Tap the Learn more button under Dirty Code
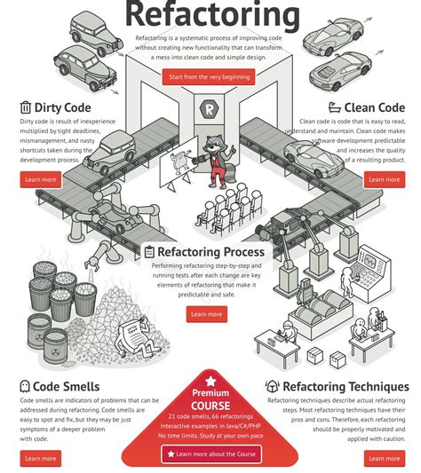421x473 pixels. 40,179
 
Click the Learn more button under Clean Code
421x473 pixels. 384,179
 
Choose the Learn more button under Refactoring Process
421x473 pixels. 206,314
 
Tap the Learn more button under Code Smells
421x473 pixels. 40,459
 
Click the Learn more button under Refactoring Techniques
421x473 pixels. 384,459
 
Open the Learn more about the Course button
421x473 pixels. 210,453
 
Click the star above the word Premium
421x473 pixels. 210,378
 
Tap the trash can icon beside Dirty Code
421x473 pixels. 25,107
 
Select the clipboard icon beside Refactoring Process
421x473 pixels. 149,252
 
